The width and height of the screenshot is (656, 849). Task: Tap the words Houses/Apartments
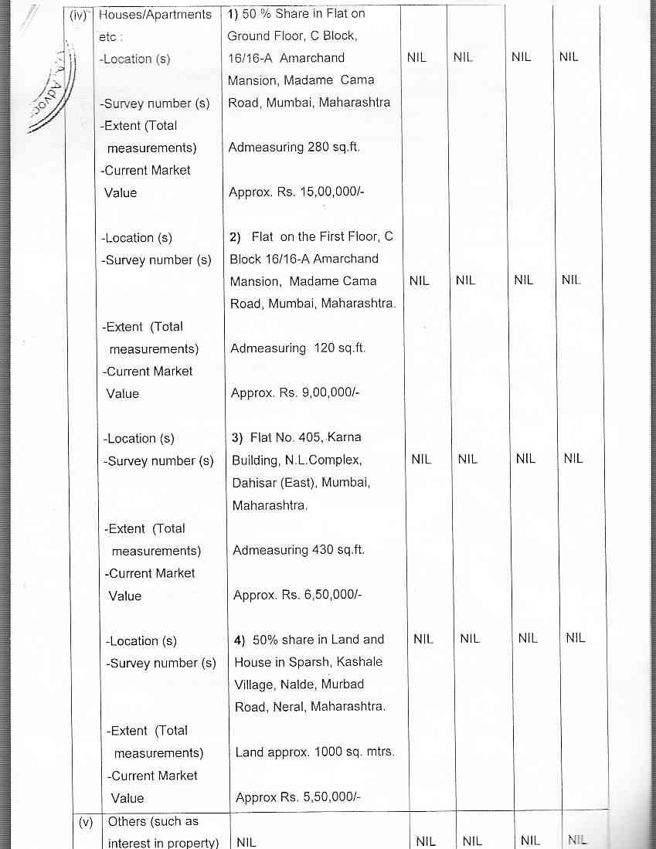click(x=155, y=15)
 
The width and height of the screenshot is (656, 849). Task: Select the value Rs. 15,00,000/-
click(x=321, y=192)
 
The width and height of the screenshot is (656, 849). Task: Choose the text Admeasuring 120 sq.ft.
click(x=297, y=348)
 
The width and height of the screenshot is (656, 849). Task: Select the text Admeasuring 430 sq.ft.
click(x=298, y=551)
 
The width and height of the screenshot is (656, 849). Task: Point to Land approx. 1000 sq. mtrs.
click(x=314, y=752)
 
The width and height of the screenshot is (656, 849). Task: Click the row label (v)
click(x=85, y=822)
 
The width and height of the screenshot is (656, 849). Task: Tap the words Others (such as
click(x=153, y=822)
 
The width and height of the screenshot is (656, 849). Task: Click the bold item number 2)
click(x=236, y=237)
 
